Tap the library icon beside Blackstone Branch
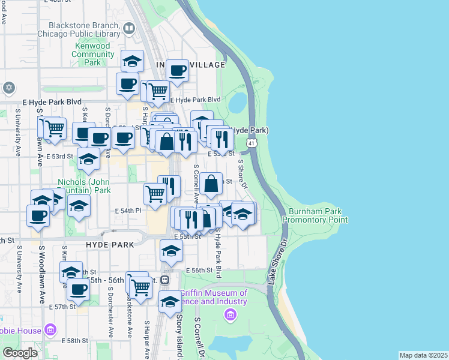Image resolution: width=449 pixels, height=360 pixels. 129,28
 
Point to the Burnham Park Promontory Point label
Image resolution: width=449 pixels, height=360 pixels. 318,216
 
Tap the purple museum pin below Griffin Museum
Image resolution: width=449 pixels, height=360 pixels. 229,314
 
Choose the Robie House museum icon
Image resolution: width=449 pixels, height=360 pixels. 50,330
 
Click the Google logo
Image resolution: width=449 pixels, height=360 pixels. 20,353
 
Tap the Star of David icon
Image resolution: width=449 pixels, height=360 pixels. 8,88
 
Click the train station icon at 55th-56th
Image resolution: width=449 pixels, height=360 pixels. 165,280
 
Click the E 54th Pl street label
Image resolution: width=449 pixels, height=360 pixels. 127,211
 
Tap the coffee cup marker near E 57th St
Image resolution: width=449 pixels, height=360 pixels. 77,289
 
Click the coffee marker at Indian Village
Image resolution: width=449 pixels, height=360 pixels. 177,70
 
